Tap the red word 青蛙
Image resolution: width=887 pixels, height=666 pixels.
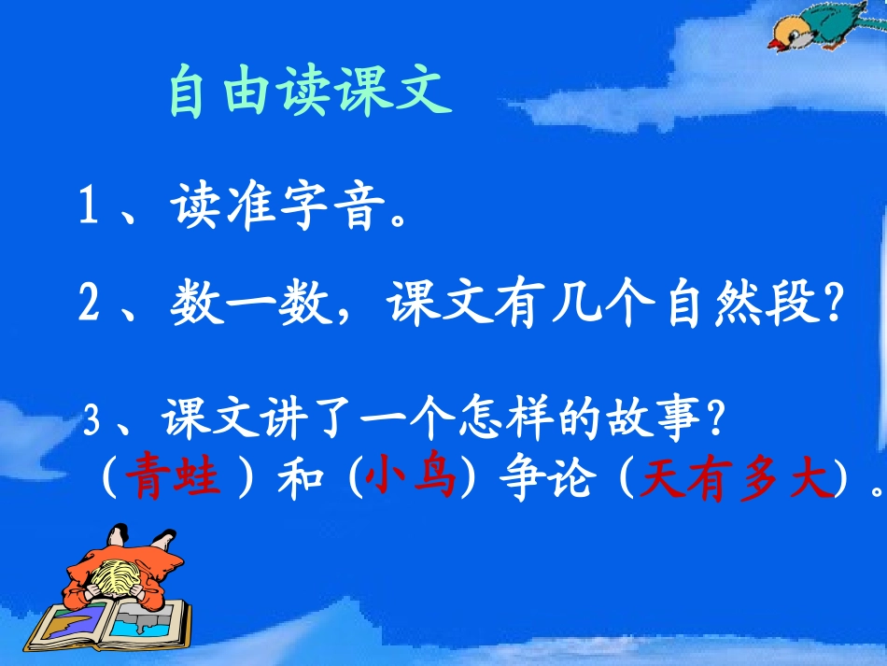176,480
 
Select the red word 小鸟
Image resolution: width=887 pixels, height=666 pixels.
410,480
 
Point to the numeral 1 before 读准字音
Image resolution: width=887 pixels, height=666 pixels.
90,208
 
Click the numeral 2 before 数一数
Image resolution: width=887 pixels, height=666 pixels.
90,305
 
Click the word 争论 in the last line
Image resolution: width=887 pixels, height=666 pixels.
536,480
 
